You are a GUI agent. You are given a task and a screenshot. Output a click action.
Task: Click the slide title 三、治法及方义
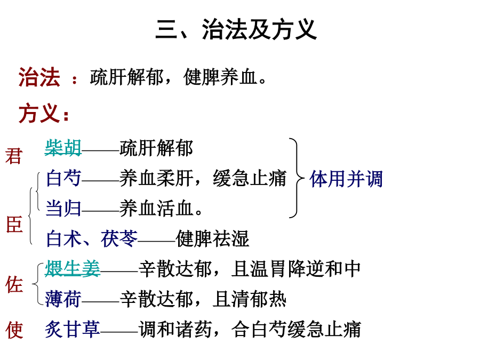click(236, 29)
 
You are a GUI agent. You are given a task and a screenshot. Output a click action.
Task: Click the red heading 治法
click(39, 77)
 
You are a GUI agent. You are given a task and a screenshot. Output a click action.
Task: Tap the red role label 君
click(14, 156)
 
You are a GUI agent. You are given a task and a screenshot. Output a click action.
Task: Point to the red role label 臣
click(14, 225)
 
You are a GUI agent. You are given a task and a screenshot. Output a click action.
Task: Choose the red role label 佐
click(14, 284)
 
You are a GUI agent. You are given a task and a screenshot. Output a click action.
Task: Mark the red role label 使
click(14, 330)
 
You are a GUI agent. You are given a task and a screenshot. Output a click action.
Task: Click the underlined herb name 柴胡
click(63, 148)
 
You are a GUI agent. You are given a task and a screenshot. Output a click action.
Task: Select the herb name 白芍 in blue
click(63, 178)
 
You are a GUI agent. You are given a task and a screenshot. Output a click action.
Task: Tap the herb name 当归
click(63, 209)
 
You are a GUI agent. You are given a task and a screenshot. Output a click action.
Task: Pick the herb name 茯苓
click(119, 239)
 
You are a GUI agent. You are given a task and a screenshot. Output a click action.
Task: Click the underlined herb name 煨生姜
click(73, 269)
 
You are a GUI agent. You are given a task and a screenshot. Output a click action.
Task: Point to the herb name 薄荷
click(63, 299)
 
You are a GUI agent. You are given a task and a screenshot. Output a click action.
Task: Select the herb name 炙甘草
click(73, 330)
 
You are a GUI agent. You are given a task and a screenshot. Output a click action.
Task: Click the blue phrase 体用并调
click(346, 179)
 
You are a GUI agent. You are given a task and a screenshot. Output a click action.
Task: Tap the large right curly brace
click(297, 178)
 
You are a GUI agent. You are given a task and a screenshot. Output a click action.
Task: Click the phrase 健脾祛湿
click(212, 239)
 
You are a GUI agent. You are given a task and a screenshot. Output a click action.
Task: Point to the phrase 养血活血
click(156, 209)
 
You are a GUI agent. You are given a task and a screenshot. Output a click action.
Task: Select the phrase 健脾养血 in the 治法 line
click(220, 77)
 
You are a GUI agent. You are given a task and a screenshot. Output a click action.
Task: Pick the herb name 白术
click(63, 239)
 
